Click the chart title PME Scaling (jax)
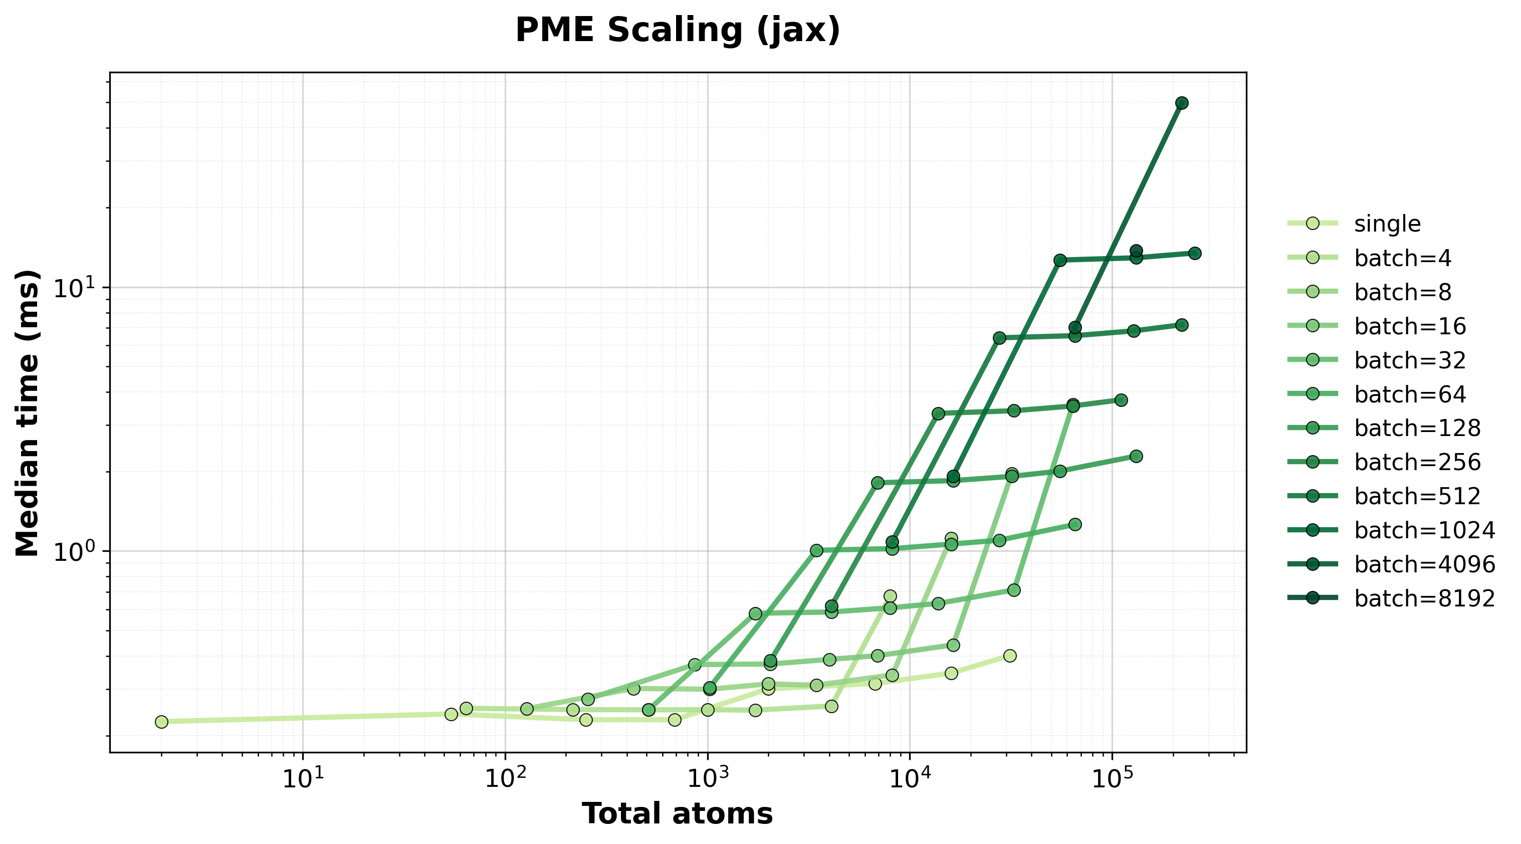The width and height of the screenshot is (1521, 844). point(677,31)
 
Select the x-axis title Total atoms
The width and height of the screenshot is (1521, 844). point(677,814)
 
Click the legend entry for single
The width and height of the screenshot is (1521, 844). point(1387,224)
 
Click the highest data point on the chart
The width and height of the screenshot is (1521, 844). point(1182,103)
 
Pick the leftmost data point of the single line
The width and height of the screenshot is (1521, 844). point(161,722)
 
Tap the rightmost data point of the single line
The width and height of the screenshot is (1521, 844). point(1010,656)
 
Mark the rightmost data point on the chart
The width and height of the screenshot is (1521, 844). point(1194,254)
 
